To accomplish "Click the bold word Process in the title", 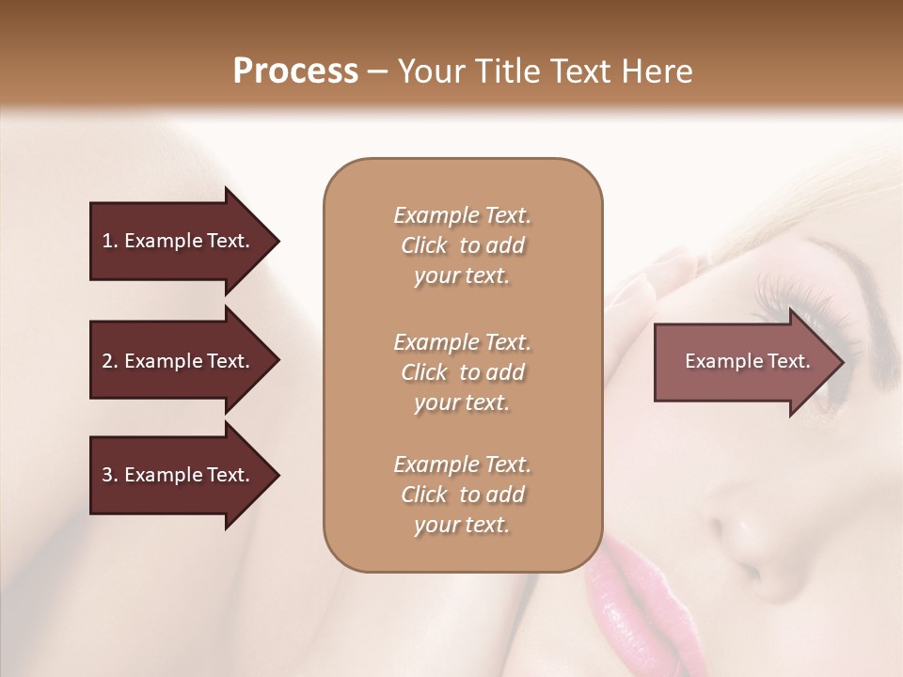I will tap(295, 71).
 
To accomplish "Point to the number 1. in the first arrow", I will tap(109, 242).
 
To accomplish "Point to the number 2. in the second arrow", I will tap(109, 361).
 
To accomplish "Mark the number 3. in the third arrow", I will tap(109, 475).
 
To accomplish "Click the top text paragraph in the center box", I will tap(462, 245).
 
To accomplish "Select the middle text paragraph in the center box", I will tap(462, 372).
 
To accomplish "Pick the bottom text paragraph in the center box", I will tap(462, 495).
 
